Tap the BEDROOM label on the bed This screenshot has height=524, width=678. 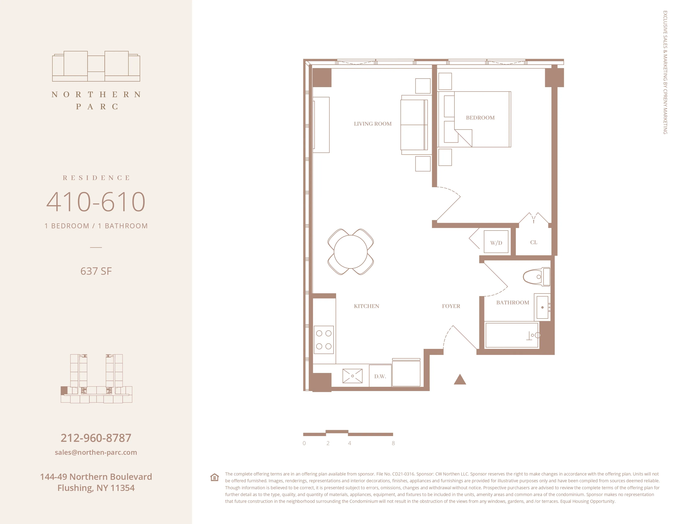click(x=480, y=118)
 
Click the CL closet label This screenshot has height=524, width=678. click(x=533, y=242)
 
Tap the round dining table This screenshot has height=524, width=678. click(x=351, y=252)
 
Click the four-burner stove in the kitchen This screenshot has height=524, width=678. click(x=324, y=340)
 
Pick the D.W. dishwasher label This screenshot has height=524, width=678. click(x=380, y=376)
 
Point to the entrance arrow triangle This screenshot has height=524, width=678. click(x=460, y=380)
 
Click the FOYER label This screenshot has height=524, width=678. click(x=451, y=306)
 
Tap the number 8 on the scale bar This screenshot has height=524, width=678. click(x=393, y=443)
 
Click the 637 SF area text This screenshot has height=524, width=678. click(x=96, y=271)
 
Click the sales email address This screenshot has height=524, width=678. click(x=96, y=452)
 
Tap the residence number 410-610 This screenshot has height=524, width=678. click(x=96, y=202)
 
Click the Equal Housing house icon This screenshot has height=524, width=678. click(x=214, y=477)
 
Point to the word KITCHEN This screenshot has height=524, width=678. click(x=366, y=306)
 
